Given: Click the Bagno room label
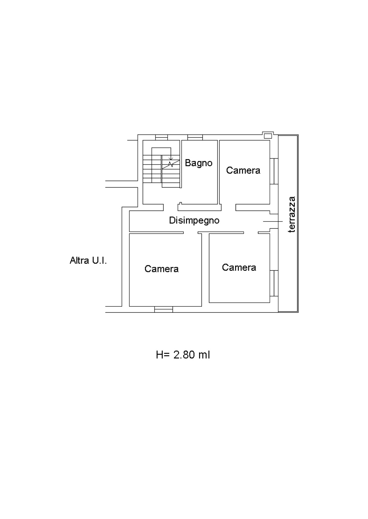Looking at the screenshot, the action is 198,163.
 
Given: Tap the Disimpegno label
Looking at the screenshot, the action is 194,220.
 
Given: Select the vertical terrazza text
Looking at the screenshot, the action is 292,214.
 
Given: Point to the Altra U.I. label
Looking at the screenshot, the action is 88,260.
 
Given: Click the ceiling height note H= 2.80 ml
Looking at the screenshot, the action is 183,355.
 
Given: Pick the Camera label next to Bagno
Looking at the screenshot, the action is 243,170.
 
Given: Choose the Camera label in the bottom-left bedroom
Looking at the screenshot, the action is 161,269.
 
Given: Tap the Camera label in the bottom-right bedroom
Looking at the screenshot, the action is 239,267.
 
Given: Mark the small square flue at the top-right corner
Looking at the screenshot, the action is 268,136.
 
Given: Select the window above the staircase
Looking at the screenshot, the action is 161,138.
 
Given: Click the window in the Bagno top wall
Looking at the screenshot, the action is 195,138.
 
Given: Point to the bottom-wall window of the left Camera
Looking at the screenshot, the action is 164,309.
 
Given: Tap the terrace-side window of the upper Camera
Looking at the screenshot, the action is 274,171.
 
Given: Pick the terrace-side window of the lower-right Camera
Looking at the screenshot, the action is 274,283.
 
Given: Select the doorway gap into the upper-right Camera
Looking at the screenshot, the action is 228,207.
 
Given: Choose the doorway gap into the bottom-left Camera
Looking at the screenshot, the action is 191,233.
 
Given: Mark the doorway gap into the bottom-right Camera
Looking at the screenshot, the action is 251,233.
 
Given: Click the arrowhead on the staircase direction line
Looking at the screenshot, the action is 171,159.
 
